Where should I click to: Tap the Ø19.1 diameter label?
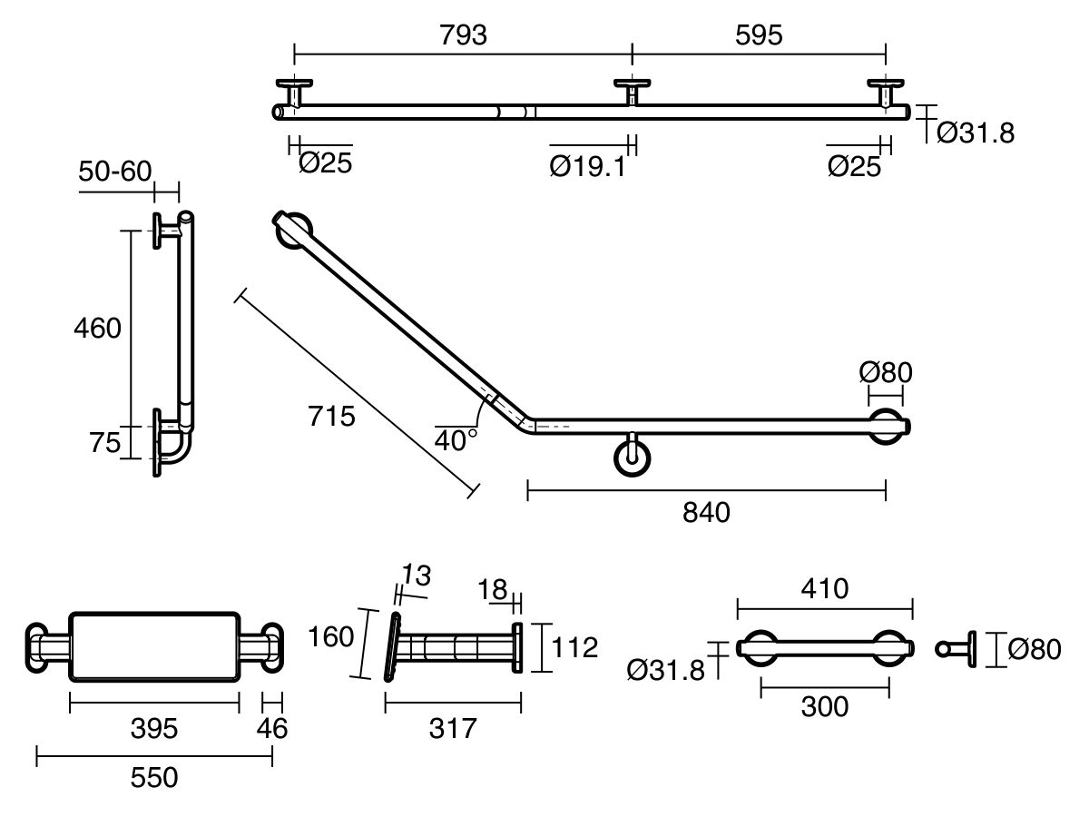tap(588, 166)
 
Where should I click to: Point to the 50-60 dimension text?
tap(115, 172)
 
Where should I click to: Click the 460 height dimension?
tap(97, 328)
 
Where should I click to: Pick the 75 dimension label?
tap(105, 442)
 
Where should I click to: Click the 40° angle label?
tap(456, 440)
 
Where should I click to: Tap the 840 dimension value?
tap(706, 513)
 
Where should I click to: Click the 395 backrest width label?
tap(153, 727)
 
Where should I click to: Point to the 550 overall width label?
tap(153, 777)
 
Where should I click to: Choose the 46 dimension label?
tap(271, 727)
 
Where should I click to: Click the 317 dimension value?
tap(452, 727)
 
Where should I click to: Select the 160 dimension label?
tap(329, 637)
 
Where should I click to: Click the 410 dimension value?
tap(824, 589)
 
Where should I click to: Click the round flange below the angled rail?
tap(632, 458)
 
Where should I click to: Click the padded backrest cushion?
tap(154, 646)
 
